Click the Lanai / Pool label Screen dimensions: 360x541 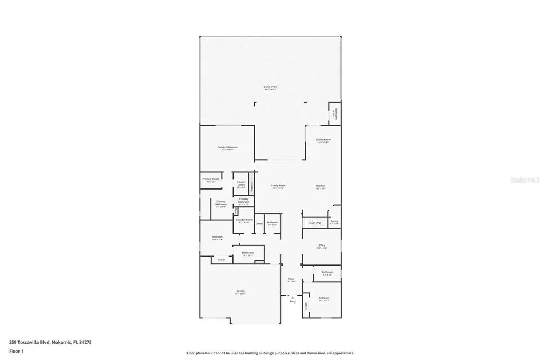[270, 87]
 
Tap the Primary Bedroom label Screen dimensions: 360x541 [228, 147]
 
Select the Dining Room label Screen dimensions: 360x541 [323, 140]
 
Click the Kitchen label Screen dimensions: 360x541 [321, 186]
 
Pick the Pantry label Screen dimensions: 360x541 [334, 222]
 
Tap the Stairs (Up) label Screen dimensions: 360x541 [315, 223]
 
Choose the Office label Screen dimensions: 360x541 [321, 246]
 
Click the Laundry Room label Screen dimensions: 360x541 [244, 220]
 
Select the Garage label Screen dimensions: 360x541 [240, 291]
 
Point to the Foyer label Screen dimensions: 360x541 [291, 279]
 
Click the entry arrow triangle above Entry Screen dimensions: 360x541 [292, 298]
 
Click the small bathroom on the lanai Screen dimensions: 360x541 [334, 114]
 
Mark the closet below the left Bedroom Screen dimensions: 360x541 [221, 260]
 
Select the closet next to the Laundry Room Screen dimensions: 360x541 [259, 224]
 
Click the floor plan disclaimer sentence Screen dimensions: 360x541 [270, 353]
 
